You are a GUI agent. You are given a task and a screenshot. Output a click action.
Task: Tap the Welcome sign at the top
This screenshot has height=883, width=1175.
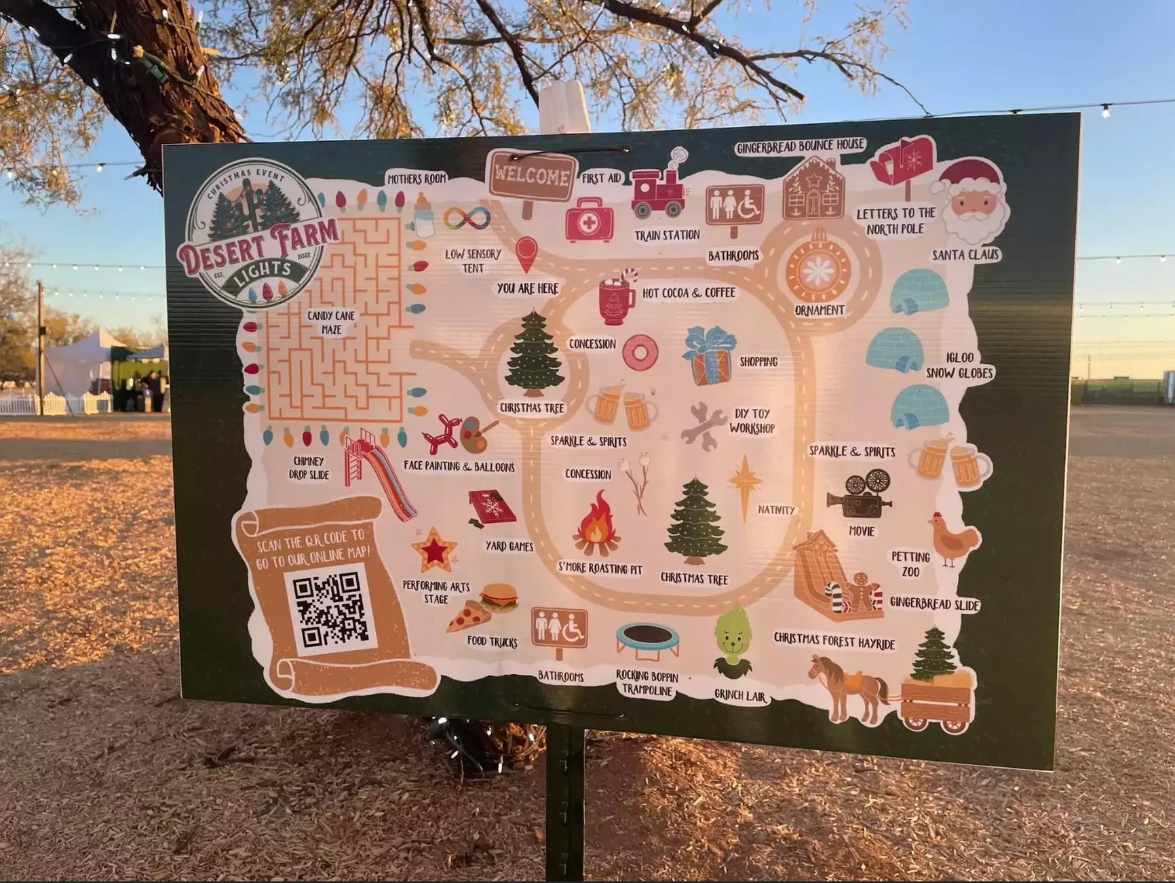pyautogui.click(x=532, y=176)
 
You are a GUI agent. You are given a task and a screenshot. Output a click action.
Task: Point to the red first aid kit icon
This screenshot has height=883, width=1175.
pyautogui.click(x=590, y=220)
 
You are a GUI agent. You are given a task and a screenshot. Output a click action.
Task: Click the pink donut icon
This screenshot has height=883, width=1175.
pyautogui.click(x=640, y=352)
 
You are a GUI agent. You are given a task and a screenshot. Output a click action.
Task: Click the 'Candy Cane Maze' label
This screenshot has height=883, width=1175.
pyautogui.click(x=331, y=322)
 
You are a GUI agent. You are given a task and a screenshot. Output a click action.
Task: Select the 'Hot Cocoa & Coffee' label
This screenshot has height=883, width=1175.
pyautogui.click(x=689, y=293)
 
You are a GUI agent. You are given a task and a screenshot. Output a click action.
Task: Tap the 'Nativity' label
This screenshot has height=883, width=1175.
pyautogui.click(x=776, y=510)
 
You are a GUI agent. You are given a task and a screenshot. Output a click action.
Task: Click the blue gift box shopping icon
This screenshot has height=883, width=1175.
pyautogui.click(x=709, y=355)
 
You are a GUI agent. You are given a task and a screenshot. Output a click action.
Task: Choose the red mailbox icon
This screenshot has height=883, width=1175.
pyautogui.click(x=903, y=161)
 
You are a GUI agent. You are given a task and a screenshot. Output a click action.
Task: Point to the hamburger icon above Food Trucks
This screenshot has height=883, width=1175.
pyautogui.click(x=499, y=597)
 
